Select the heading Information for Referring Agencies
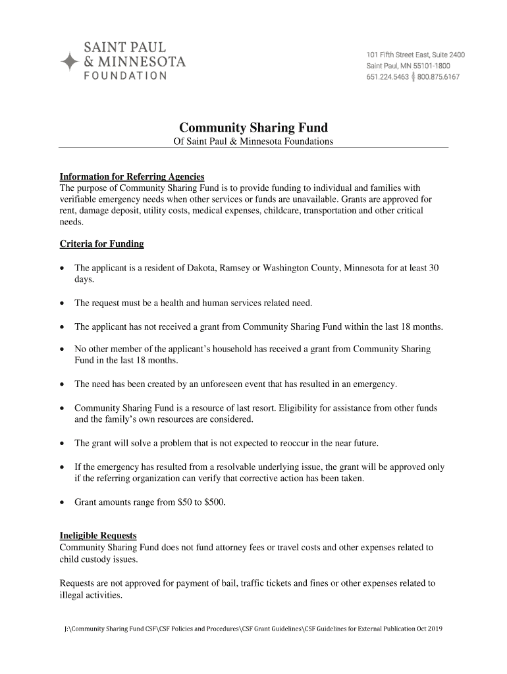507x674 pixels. pos(132,177)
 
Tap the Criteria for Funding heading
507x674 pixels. pos(101,244)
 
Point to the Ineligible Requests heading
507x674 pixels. pos(98,536)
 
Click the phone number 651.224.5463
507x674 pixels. pos(387,77)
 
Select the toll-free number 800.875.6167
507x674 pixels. pos(438,77)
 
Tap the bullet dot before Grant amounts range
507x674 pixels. pos(63,503)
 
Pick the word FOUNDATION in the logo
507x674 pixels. pos(124,76)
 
